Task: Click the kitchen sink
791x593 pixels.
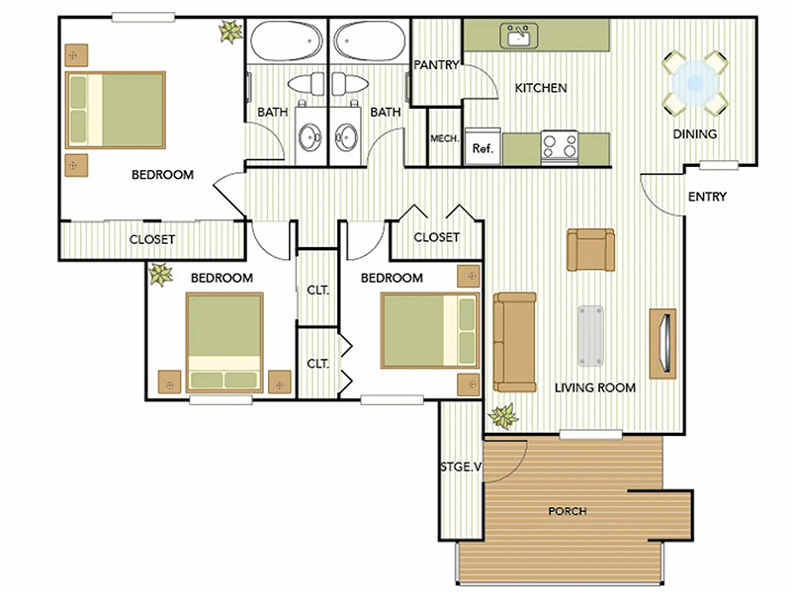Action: pyautogui.click(x=518, y=36)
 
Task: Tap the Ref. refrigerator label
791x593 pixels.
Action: pyautogui.click(x=483, y=148)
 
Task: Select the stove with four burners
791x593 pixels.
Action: pyautogui.click(x=560, y=146)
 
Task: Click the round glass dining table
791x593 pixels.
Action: pyautogui.click(x=695, y=83)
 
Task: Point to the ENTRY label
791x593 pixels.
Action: pyautogui.click(x=707, y=196)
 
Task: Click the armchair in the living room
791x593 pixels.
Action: pyautogui.click(x=590, y=250)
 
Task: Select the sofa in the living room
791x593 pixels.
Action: pyautogui.click(x=514, y=342)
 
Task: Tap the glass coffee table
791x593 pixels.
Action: pyautogui.click(x=590, y=335)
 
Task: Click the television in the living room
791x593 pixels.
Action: pyautogui.click(x=662, y=344)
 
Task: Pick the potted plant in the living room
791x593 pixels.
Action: pyautogui.click(x=503, y=416)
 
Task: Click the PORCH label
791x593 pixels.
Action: pyautogui.click(x=568, y=511)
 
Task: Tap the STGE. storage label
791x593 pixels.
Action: pyautogui.click(x=461, y=466)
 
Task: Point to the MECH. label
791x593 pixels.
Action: pyautogui.click(x=444, y=138)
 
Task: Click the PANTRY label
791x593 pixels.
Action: pyautogui.click(x=436, y=64)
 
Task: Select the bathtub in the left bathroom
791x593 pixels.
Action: pyautogui.click(x=287, y=41)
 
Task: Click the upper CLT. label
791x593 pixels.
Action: pyautogui.click(x=317, y=290)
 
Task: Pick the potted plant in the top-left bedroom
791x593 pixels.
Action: pyautogui.click(x=230, y=32)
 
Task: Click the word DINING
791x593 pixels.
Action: pyautogui.click(x=695, y=134)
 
